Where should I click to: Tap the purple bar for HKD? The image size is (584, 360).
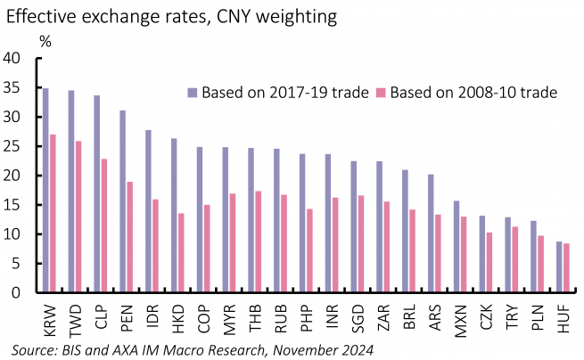click(174, 215)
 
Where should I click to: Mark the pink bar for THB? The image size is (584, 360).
click(258, 241)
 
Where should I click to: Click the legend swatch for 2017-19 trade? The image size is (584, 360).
click(192, 92)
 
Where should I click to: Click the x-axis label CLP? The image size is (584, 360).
click(99, 317)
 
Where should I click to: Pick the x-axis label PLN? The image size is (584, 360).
click(537, 317)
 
